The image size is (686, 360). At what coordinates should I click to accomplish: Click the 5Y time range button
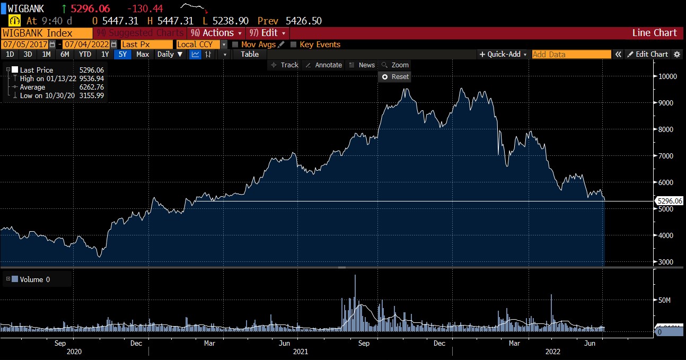click(123, 54)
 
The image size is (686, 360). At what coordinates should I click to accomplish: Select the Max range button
click(143, 54)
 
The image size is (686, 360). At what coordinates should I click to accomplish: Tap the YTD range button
click(85, 54)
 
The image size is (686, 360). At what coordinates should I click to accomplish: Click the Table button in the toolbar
click(250, 54)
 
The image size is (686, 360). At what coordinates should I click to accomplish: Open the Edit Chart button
click(648, 54)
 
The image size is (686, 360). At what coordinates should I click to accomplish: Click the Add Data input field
click(571, 54)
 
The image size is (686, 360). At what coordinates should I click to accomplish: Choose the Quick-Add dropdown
click(503, 54)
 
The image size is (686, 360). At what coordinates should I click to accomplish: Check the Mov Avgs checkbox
click(235, 45)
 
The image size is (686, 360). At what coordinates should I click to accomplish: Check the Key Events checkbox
click(294, 45)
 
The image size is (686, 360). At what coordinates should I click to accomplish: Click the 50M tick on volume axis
click(664, 300)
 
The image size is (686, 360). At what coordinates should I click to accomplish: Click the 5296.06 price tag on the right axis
click(670, 201)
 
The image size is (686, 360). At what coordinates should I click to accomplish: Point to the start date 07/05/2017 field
click(25, 45)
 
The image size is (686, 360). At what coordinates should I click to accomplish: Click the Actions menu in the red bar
click(216, 33)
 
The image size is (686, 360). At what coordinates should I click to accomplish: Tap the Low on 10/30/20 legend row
click(47, 95)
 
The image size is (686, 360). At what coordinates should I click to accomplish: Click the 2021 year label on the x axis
click(301, 352)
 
